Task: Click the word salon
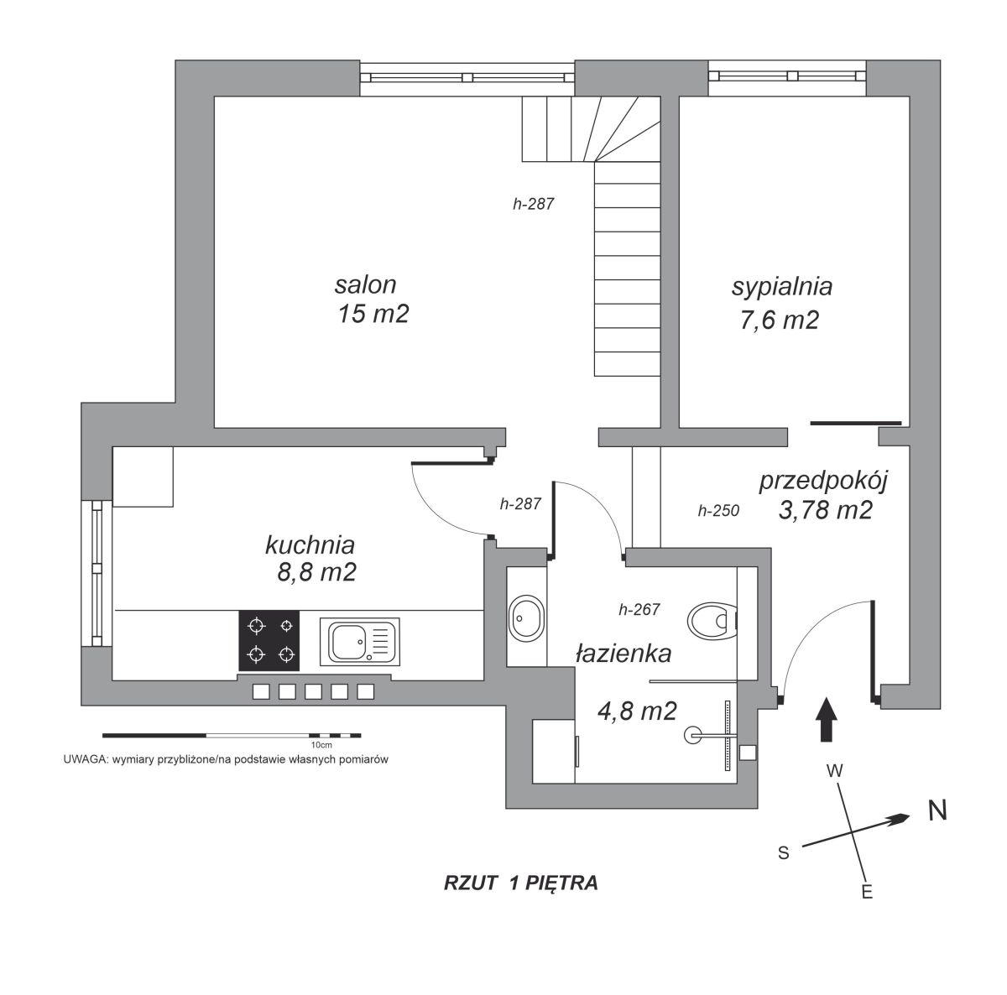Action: tap(365, 284)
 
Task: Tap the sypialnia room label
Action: tap(782, 288)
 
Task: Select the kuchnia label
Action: tap(310, 545)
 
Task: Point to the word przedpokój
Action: tap(823, 481)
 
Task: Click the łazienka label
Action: tap(624, 654)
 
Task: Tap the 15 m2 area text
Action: tap(373, 314)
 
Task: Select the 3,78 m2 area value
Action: tap(826, 510)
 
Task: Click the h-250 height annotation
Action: tap(718, 511)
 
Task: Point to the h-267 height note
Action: tap(639, 609)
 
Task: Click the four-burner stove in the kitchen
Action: tap(269, 640)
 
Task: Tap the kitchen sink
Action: tap(359, 641)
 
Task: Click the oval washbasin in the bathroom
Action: tap(526, 618)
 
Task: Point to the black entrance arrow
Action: tap(827, 719)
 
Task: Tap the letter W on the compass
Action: tap(834, 771)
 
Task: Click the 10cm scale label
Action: tap(321, 745)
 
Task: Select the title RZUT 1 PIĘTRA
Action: tap(520, 883)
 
